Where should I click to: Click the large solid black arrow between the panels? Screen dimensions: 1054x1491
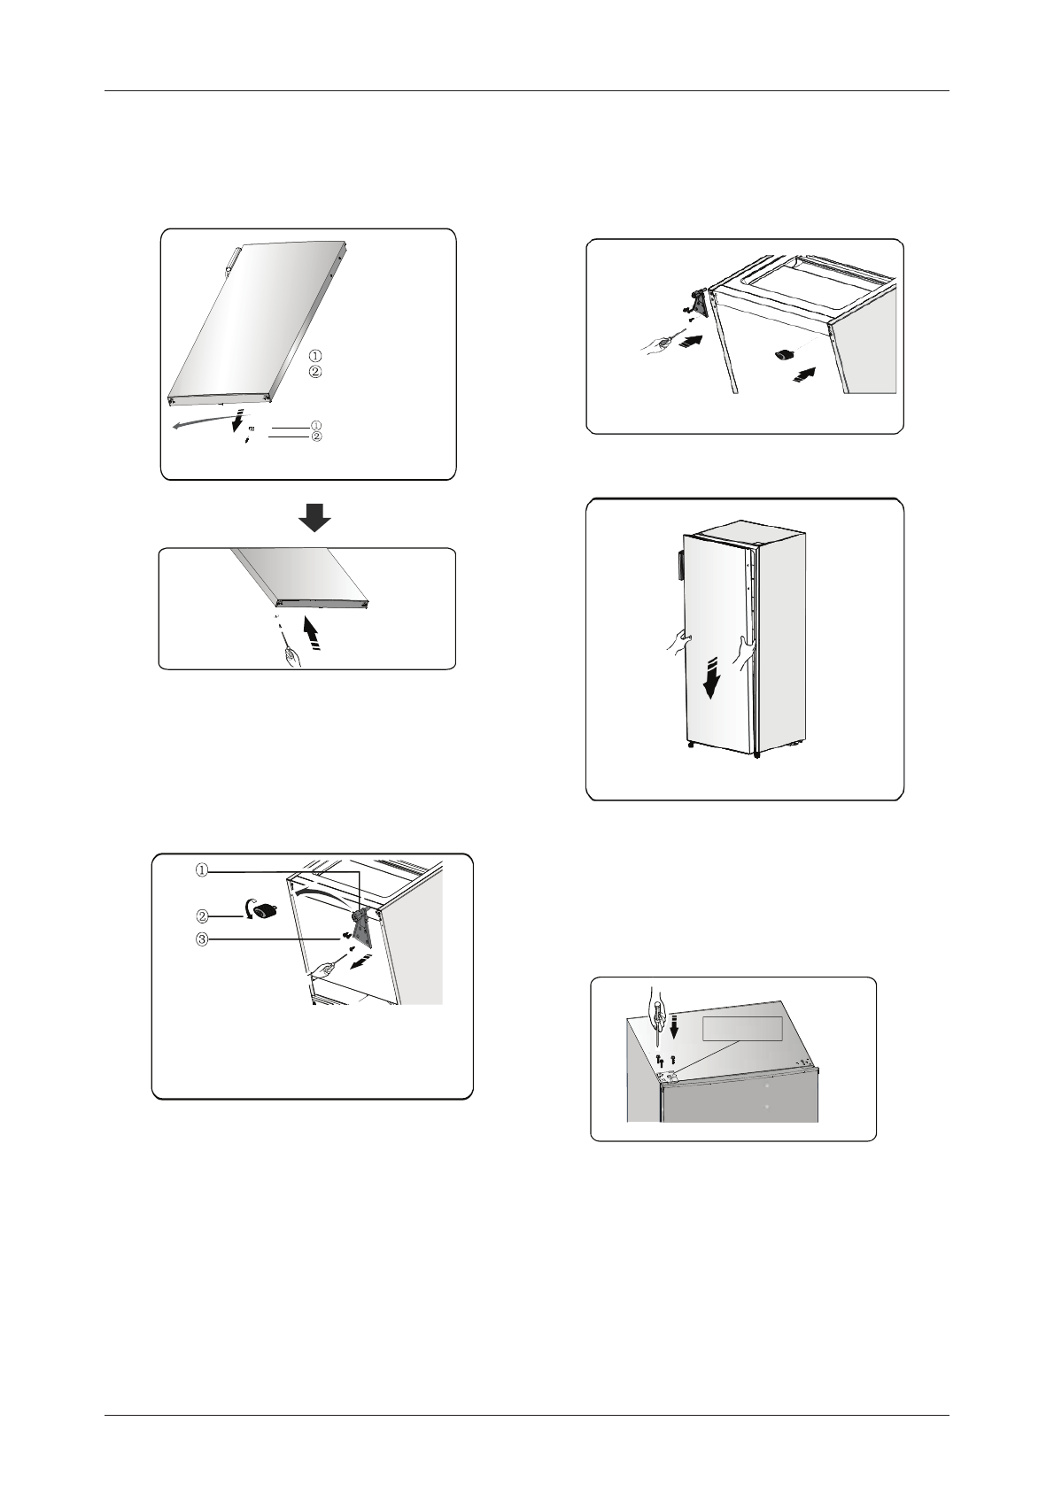pos(314,517)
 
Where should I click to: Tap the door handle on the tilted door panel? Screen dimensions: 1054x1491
pos(230,260)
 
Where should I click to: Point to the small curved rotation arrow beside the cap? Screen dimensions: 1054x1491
pos(247,908)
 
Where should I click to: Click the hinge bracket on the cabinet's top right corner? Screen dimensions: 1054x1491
pos(361,926)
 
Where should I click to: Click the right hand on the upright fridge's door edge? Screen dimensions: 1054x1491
pos(743,650)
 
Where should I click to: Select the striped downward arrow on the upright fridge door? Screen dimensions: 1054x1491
pos(713,677)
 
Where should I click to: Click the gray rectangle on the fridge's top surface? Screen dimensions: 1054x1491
pos(743,1029)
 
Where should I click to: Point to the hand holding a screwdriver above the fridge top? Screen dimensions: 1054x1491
pos(655,999)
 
